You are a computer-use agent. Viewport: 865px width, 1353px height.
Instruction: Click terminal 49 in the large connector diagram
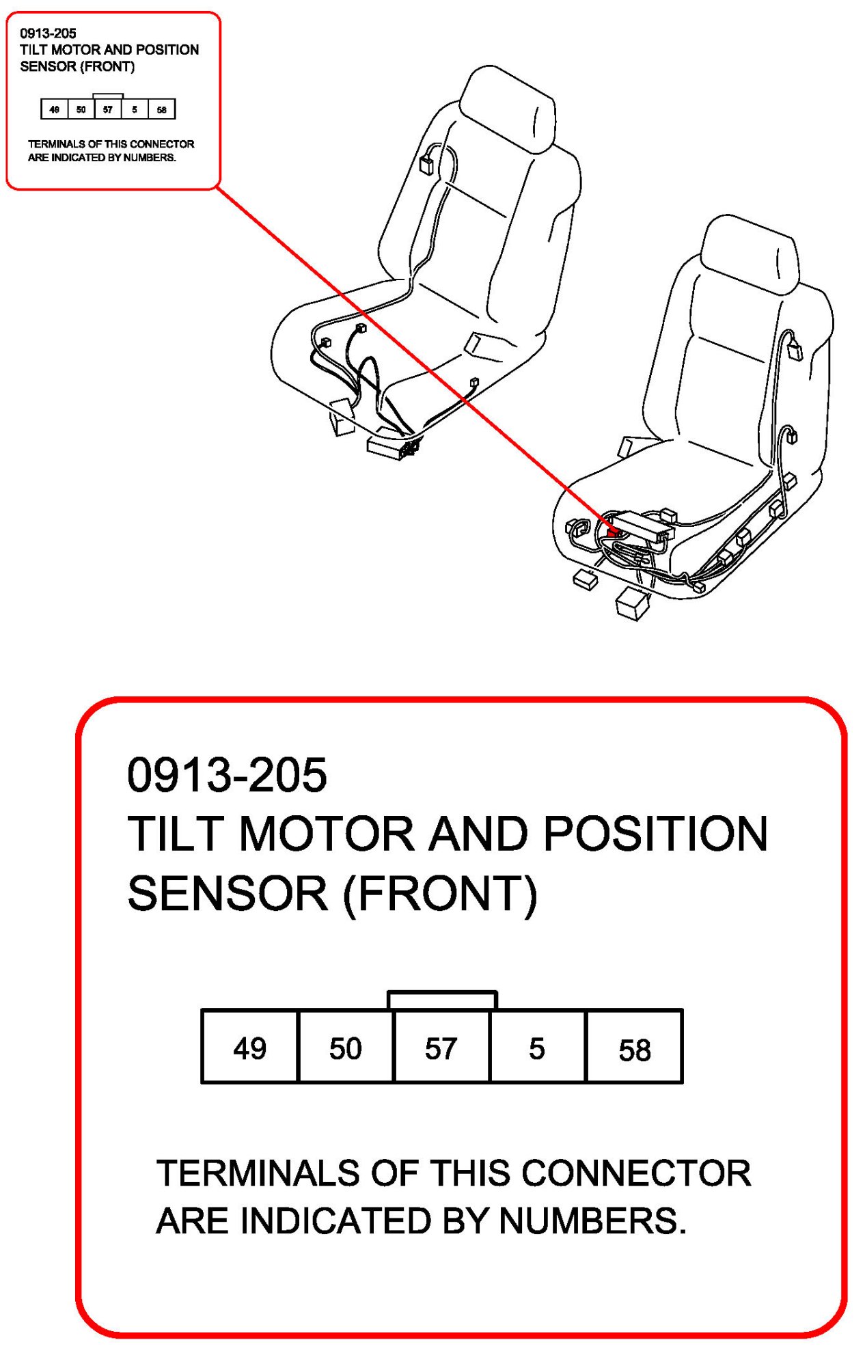pyautogui.click(x=249, y=1048)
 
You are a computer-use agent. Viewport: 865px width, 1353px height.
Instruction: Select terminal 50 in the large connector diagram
pyautogui.click(x=346, y=1048)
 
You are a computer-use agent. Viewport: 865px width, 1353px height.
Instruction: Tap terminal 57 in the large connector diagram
pyautogui.click(x=441, y=1048)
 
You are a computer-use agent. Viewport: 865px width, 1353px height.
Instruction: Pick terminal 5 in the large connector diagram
pyautogui.click(x=537, y=1048)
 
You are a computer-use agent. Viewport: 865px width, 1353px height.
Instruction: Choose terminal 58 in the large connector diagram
pyautogui.click(x=634, y=1049)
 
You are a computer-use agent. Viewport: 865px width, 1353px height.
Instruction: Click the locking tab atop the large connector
pyautogui.click(x=442, y=1000)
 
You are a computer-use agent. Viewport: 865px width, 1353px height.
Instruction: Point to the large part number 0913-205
pyautogui.click(x=227, y=775)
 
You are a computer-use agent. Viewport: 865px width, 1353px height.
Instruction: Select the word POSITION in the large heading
pyautogui.click(x=655, y=834)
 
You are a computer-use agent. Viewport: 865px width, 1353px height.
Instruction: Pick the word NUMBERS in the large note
pyautogui.click(x=592, y=1220)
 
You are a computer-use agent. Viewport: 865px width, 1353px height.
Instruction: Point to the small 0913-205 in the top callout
pyautogui.click(x=48, y=33)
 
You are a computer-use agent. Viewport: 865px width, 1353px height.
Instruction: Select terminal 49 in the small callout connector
pyautogui.click(x=55, y=109)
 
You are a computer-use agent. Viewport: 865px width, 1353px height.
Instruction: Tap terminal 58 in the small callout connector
pyautogui.click(x=162, y=109)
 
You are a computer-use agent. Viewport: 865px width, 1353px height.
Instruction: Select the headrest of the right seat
pyautogui.click(x=750, y=254)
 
